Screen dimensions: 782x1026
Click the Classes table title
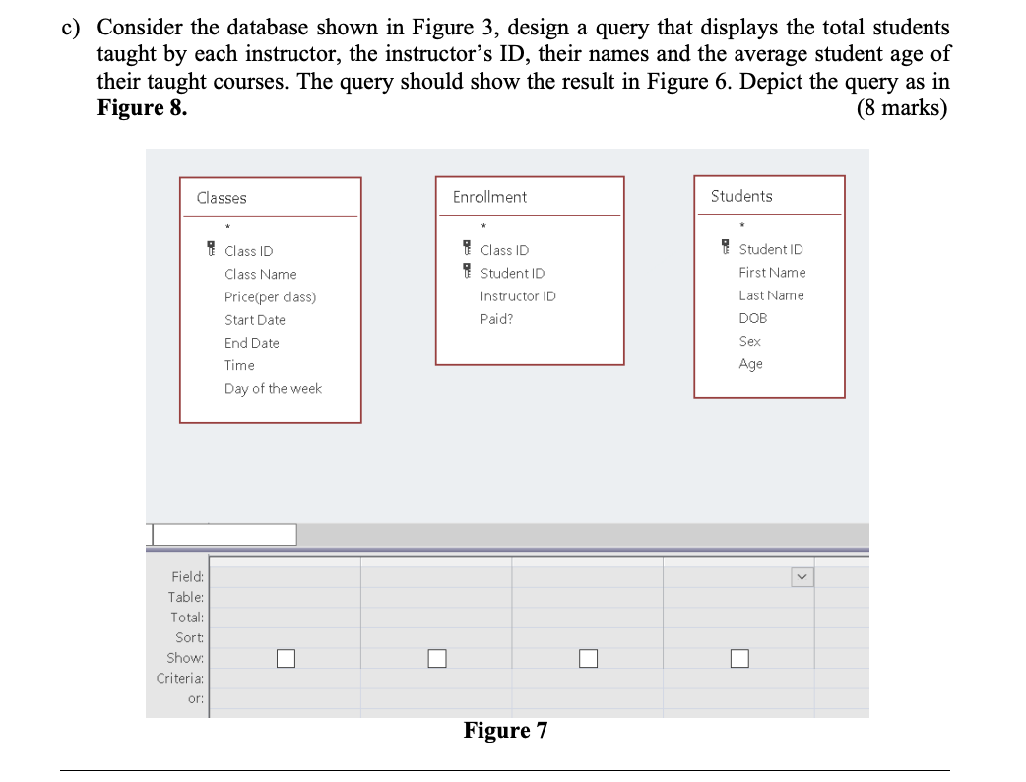[222, 198]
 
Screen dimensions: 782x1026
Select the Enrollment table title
[489, 197]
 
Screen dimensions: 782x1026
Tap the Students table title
[741, 196]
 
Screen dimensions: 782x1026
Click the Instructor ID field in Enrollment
[518, 295]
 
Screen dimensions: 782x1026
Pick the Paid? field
[496, 319]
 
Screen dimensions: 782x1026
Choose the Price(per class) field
[270, 296]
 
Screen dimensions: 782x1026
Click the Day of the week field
[273, 389]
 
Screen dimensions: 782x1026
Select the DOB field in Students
[752, 318]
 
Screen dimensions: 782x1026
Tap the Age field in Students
[750, 364]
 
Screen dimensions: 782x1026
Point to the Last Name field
[771, 295]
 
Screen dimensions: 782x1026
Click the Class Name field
[260, 274]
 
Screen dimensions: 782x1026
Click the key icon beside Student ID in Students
[726, 249]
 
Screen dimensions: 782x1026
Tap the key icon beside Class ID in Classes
[210, 250]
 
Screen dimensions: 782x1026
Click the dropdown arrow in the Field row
[802, 577]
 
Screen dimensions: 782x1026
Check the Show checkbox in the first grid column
[286, 658]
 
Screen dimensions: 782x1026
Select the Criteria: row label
[180, 679]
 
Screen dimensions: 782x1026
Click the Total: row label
[187, 618]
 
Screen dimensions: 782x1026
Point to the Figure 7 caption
[505, 731]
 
